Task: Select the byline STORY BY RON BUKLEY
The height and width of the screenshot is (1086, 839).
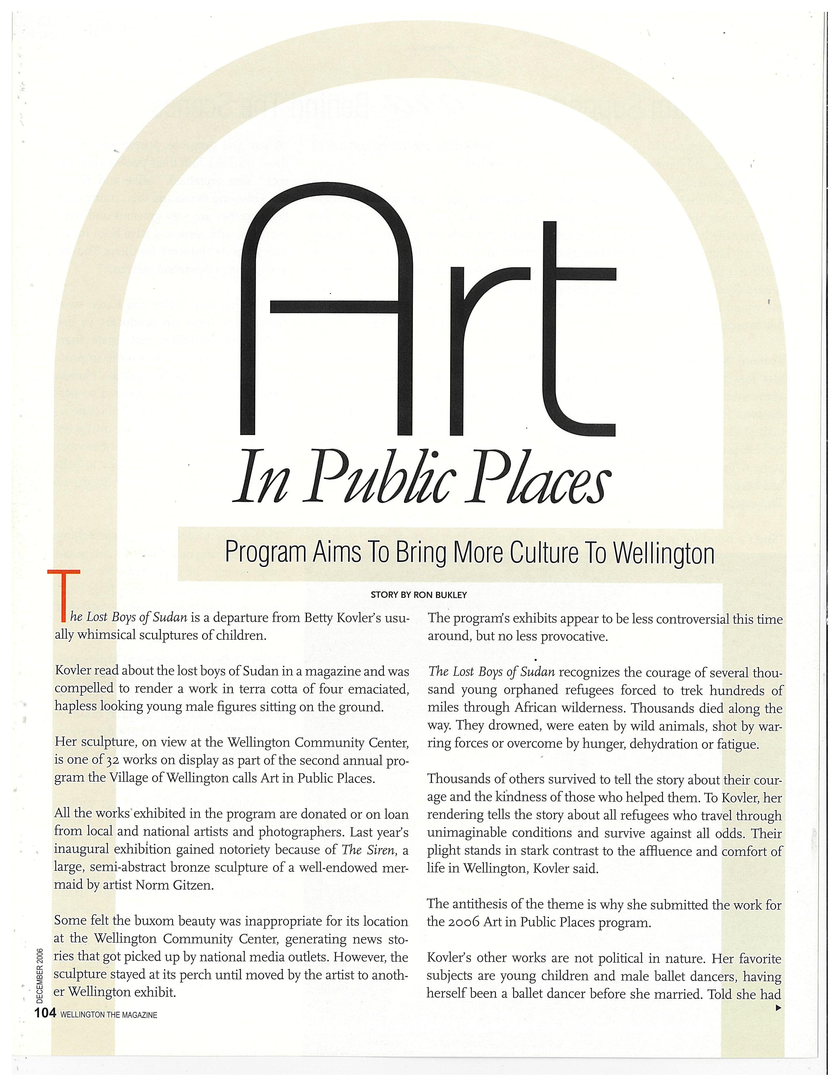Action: [419, 595]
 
